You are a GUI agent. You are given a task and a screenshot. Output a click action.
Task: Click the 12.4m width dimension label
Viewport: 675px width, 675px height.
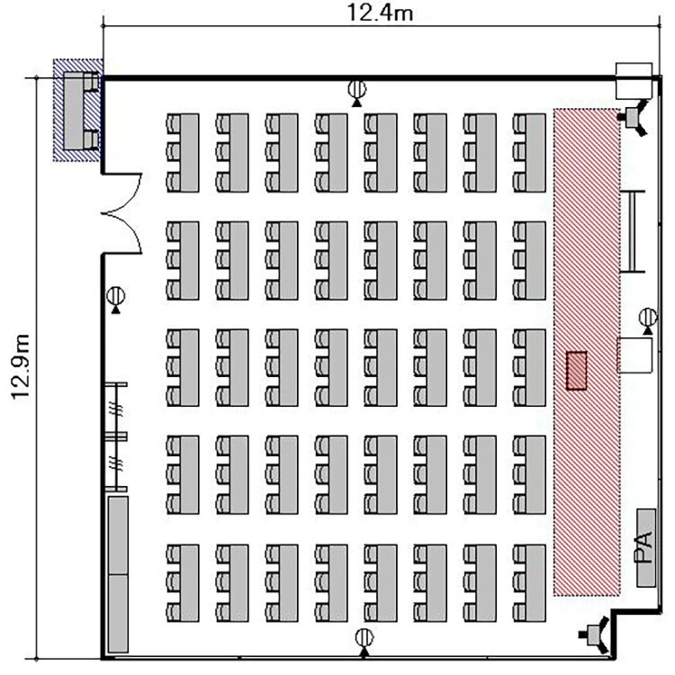(380, 13)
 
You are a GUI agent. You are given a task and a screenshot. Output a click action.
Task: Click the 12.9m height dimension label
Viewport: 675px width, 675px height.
(20, 367)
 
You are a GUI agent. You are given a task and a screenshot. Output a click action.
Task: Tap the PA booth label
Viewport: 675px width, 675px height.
(645, 547)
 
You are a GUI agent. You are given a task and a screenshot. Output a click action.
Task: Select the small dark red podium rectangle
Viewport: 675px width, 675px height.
(576, 371)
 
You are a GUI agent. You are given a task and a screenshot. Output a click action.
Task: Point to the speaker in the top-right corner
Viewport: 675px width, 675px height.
(633, 117)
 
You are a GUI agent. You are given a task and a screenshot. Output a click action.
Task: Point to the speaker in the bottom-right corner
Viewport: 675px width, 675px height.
(595, 634)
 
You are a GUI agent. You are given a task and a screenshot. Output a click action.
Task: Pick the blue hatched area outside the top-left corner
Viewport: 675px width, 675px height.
(77, 110)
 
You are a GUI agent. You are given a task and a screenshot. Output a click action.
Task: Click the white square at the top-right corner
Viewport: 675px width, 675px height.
(634, 81)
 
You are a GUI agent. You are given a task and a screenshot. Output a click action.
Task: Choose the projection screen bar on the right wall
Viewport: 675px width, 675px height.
(633, 231)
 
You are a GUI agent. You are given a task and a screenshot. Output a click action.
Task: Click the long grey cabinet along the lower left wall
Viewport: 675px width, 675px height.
(118, 574)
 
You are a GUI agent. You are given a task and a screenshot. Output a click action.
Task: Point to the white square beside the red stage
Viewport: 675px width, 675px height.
(634, 355)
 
